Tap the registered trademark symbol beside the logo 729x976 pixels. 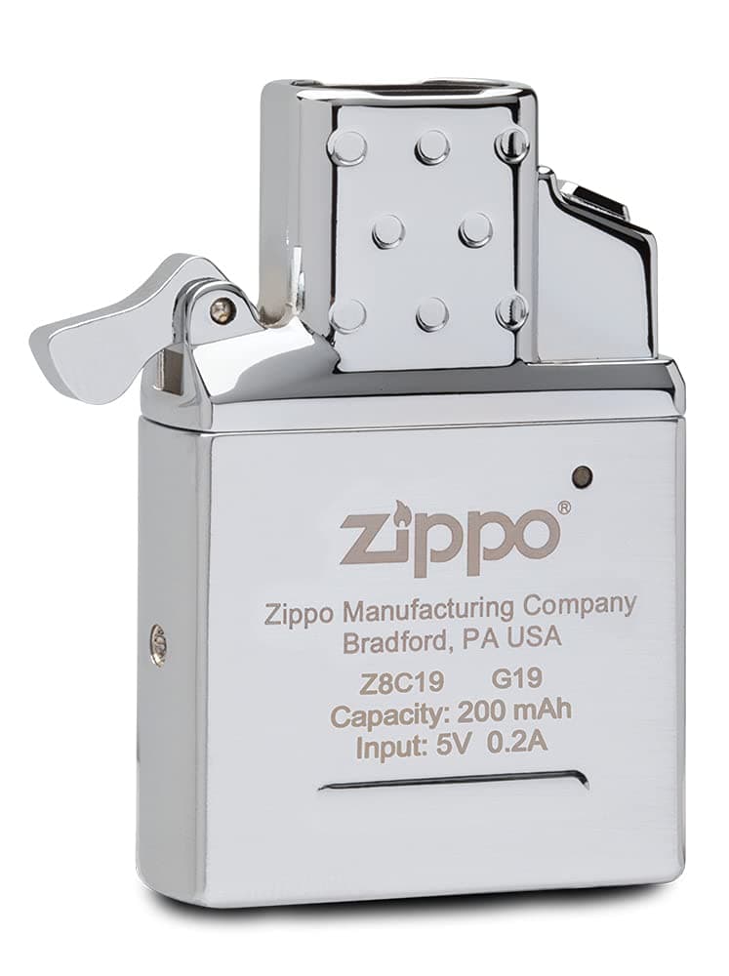pos(563,508)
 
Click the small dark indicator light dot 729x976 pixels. pos(582,475)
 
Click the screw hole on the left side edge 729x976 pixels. pos(159,645)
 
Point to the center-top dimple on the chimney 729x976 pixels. pos(430,147)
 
